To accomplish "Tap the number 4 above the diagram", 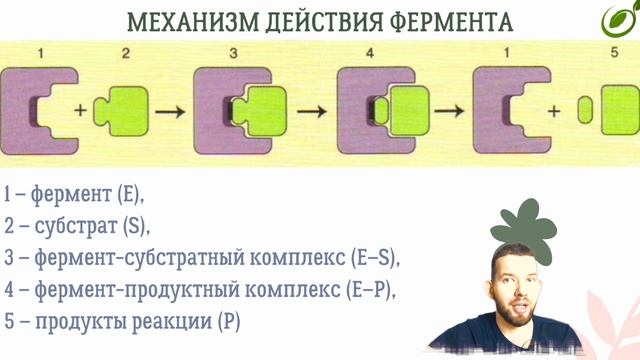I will coord(373,51).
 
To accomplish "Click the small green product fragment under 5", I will coord(584,110).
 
